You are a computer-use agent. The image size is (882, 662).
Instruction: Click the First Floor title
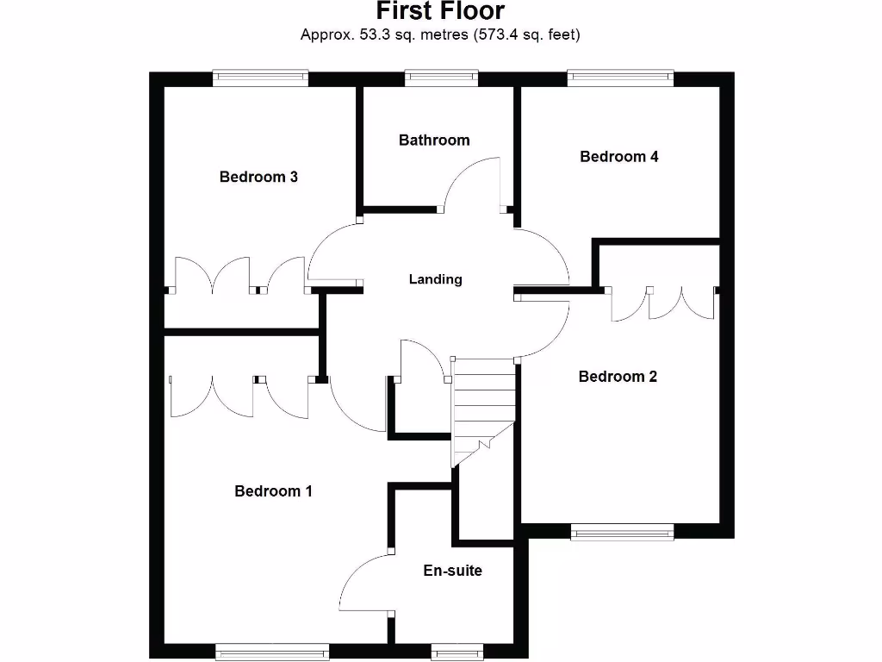[x=440, y=11]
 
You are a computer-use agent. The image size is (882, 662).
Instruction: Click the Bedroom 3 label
[x=258, y=177]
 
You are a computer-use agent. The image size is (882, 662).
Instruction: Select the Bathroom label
[x=434, y=140]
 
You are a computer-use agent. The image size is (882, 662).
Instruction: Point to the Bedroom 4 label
[x=619, y=156]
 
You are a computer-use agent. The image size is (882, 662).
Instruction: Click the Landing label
[x=435, y=279]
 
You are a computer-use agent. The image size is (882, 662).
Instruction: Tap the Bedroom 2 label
[x=618, y=376]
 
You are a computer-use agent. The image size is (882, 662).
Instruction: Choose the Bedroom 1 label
[x=273, y=490]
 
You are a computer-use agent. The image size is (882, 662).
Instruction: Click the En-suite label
[x=452, y=570]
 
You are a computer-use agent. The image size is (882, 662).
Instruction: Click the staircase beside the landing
[x=482, y=405]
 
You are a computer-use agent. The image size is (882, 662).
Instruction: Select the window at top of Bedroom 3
[x=260, y=78]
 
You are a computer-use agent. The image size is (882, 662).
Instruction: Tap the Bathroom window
[x=441, y=78]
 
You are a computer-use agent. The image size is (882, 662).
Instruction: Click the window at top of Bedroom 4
[x=620, y=78]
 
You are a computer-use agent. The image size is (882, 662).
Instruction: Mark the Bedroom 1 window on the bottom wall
[x=271, y=653]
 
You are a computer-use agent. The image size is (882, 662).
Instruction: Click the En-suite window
[x=456, y=653]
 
